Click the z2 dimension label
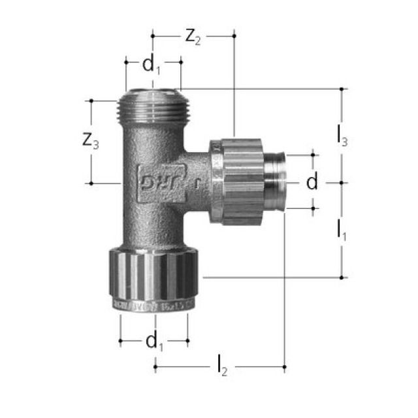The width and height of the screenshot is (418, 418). (193, 37)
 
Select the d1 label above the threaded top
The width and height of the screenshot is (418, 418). (152, 65)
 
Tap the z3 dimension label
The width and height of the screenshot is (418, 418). (91, 141)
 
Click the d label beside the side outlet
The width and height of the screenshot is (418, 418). (312, 182)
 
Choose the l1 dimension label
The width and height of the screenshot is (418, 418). (342, 230)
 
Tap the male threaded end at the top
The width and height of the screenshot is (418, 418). (153, 104)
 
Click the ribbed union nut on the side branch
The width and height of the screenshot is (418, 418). (236, 181)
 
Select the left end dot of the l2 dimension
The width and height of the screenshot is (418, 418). (155, 368)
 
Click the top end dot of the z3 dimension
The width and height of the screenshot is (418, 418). (91, 101)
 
